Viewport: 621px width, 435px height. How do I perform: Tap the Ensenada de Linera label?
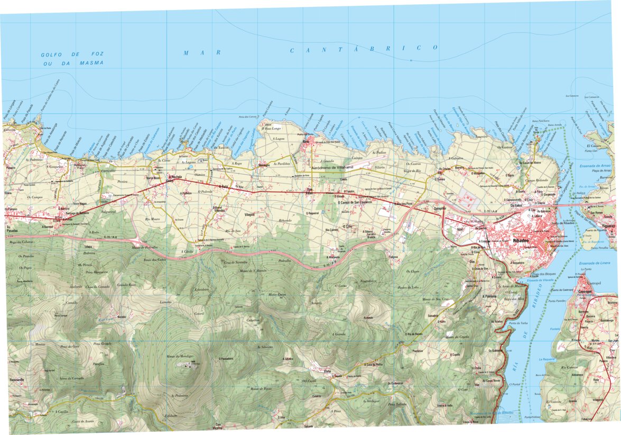[594, 263]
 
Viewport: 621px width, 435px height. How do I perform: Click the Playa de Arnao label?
[600, 171]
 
